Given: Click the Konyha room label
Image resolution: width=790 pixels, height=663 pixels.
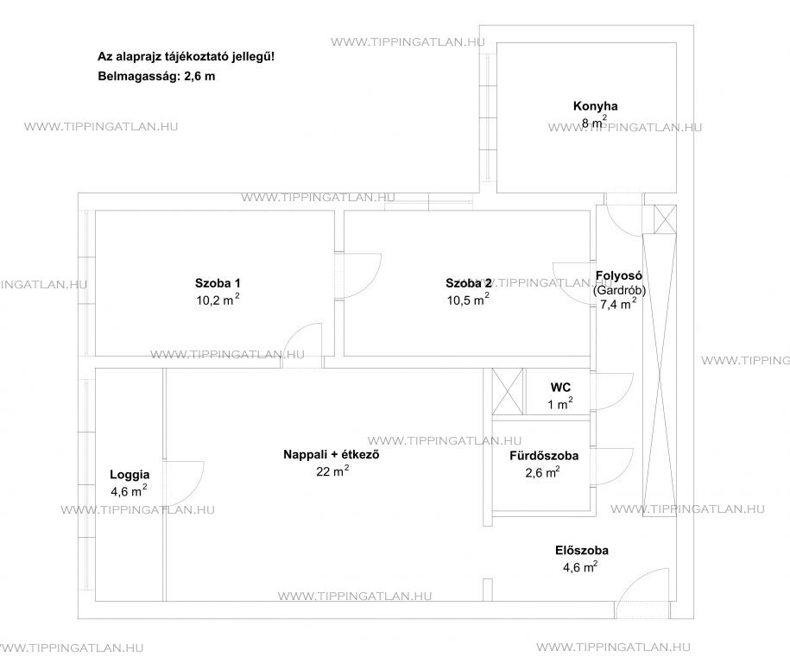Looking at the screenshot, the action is pyautogui.click(x=595, y=106).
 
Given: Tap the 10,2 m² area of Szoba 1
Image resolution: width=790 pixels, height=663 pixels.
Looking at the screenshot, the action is pyautogui.click(x=218, y=300).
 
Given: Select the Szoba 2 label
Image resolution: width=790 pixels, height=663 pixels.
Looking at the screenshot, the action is pyautogui.click(x=469, y=283).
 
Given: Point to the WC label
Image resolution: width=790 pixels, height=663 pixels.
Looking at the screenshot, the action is pyautogui.click(x=560, y=388).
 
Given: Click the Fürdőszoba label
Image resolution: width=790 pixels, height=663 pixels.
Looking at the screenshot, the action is pyautogui.click(x=544, y=456).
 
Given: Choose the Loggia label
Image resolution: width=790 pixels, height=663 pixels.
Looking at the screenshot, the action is pyautogui.click(x=130, y=475).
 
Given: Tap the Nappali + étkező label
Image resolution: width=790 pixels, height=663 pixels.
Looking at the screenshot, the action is pyautogui.click(x=331, y=454).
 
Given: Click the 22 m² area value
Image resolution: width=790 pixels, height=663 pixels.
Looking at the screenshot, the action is pyautogui.click(x=332, y=471).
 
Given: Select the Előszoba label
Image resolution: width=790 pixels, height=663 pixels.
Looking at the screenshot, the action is pyautogui.click(x=582, y=551).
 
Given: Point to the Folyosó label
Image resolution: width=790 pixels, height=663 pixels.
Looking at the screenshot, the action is pyautogui.click(x=619, y=275).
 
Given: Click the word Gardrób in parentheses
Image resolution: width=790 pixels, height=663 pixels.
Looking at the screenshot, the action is pyautogui.click(x=620, y=290).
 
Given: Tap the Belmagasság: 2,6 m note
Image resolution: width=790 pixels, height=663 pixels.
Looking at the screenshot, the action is pyautogui.click(x=156, y=77).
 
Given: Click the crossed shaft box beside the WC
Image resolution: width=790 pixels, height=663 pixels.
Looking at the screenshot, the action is pyautogui.click(x=508, y=391).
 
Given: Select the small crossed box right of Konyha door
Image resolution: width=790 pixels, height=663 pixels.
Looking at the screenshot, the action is pyautogui.click(x=665, y=219).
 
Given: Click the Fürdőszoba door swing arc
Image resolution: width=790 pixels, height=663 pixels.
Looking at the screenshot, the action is pyautogui.click(x=626, y=466).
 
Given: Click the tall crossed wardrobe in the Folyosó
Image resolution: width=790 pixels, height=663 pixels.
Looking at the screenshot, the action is pyautogui.click(x=660, y=375).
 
